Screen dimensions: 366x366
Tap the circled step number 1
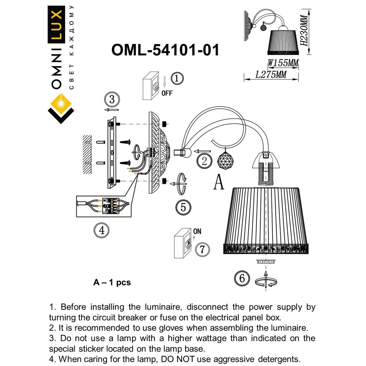pyautogui.click(x=177, y=78)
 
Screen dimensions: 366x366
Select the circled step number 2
pyautogui.click(x=204, y=160)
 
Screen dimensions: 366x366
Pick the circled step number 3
pyautogui.click(x=112, y=99)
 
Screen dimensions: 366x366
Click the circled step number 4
pyautogui.click(x=102, y=230)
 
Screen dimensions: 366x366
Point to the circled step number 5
pyautogui.click(x=183, y=208)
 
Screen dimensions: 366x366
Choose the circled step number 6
pyautogui.click(x=242, y=278)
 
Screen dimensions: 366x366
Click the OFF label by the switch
pyautogui.click(x=167, y=93)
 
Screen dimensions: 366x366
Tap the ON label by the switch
pyautogui.click(x=197, y=231)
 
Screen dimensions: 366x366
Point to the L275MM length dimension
pyautogui.click(x=271, y=75)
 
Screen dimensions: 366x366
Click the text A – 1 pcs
pyautogui.click(x=112, y=283)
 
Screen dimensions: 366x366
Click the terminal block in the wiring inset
pyautogui.click(x=110, y=206)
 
